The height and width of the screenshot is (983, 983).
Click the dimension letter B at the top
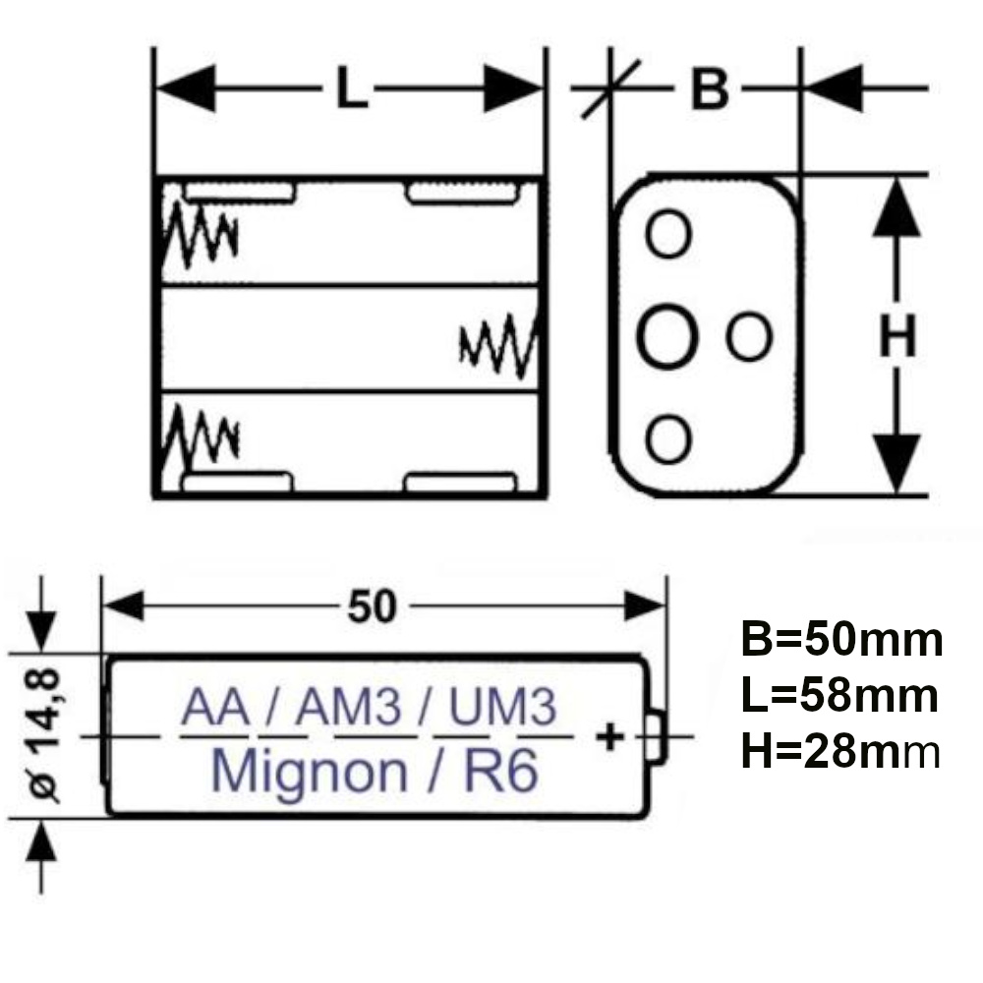pyautogui.click(x=709, y=89)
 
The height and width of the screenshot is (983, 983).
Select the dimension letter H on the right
pyautogui.click(x=897, y=336)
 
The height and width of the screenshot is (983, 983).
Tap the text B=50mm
pyautogui.click(x=841, y=640)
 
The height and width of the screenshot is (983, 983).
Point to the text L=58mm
pyautogui.click(x=838, y=696)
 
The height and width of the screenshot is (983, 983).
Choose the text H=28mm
pyautogui.click(x=841, y=753)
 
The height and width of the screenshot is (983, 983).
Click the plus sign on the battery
pyautogui.click(x=611, y=735)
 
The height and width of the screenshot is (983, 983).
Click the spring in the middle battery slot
pyautogui.click(x=498, y=344)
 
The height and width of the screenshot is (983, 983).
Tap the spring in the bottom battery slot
pyautogui.click(x=200, y=438)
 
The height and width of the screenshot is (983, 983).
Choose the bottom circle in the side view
pyautogui.click(x=668, y=438)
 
